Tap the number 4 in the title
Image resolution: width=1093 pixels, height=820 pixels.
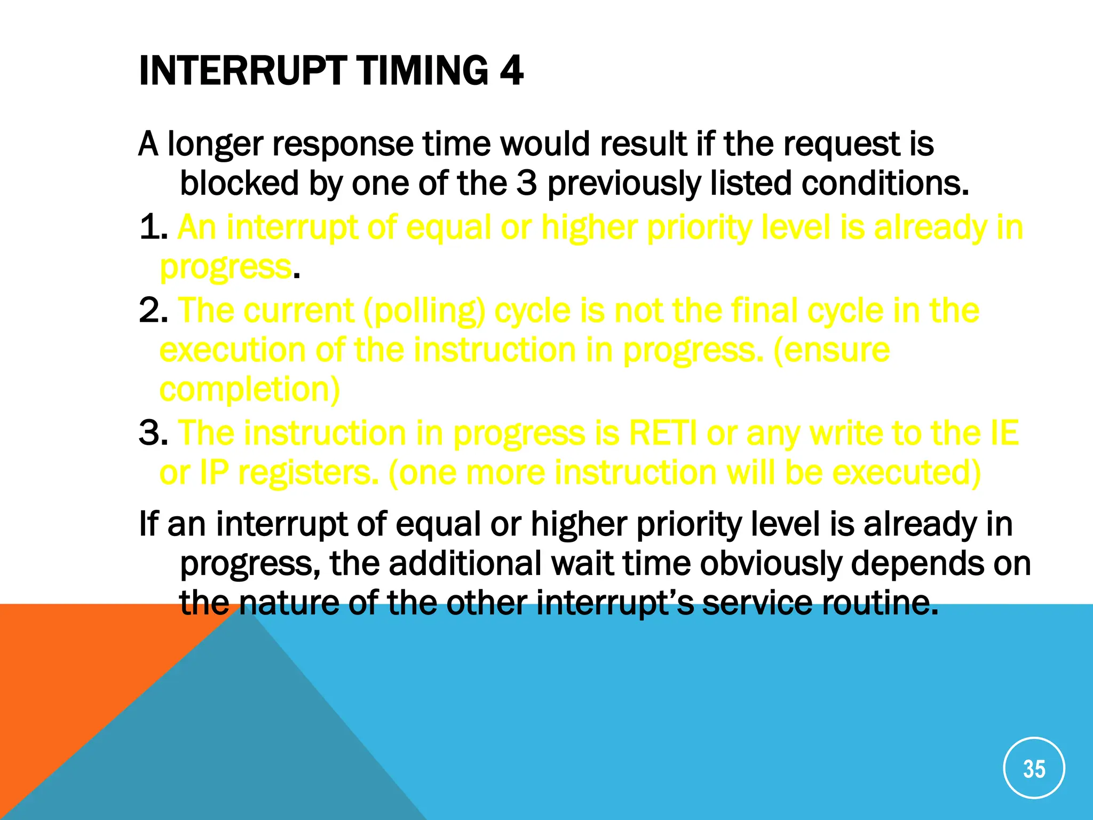(x=511, y=70)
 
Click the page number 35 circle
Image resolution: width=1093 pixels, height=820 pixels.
(x=1034, y=768)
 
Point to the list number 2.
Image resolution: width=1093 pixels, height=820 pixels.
(x=152, y=311)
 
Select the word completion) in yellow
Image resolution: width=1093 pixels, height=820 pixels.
(x=250, y=390)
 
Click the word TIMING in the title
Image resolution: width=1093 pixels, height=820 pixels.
(x=422, y=70)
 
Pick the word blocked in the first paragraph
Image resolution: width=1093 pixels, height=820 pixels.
(x=239, y=184)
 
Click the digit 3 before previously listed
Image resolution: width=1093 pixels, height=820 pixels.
(x=526, y=184)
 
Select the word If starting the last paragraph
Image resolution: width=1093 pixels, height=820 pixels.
(x=148, y=524)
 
